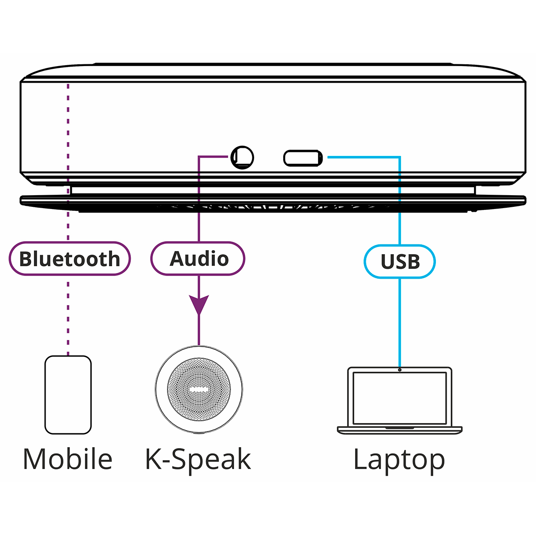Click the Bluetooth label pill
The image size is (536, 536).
(x=70, y=259)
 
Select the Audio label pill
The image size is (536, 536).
(x=198, y=259)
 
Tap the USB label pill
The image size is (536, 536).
(x=400, y=262)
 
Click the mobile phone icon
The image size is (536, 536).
(x=68, y=395)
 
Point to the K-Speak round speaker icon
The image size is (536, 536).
(x=199, y=389)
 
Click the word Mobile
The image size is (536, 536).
(x=67, y=459)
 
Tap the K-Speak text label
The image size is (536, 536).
(x=198, y=459)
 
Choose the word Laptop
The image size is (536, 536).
(x=399, y=459)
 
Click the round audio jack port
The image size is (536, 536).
(x=243, y=157)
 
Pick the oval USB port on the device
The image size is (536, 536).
(x=303, y=158)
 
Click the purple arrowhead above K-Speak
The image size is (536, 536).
(x=199, y=305)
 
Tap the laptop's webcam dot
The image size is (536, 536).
(x=400, y=369)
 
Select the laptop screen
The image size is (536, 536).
(x=400, y=398)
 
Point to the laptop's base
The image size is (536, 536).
(x=400, y=430)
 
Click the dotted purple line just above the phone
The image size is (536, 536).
(x=68, y=339)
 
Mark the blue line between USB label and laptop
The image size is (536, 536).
(x=400, y=322)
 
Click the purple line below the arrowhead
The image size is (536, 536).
(x=199, y=331)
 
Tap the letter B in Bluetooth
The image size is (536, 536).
(x=26, y=259)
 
